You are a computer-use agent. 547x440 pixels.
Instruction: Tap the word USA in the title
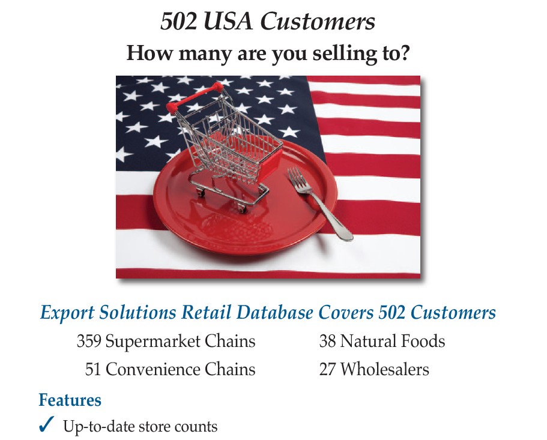tap(228, 22)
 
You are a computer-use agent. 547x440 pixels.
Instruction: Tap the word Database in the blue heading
tap(274, 312)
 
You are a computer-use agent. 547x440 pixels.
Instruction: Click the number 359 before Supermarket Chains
tap(89, 341)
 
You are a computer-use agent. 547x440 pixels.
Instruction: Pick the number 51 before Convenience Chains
tap(93, 369)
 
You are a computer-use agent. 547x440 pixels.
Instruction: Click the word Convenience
tap(153, 369)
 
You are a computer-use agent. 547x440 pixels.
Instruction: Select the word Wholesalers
tap(385, 369)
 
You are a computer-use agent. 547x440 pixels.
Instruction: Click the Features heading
tap(70, 400)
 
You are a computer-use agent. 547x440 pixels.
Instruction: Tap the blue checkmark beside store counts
tap(46, 424)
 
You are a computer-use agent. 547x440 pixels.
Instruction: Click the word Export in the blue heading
tap(67, 313)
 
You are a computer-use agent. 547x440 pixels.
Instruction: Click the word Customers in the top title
tap(318, 22)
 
